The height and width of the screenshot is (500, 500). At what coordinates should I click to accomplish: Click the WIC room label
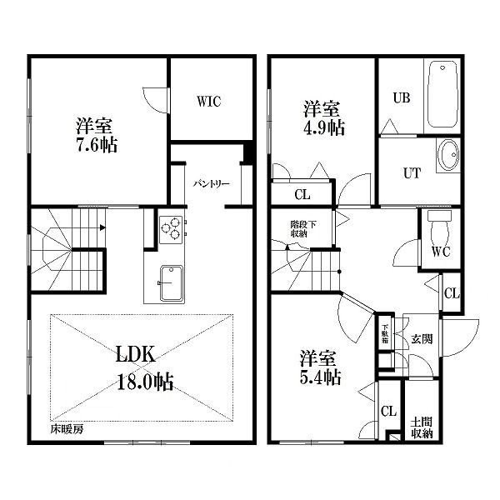click(209, 102)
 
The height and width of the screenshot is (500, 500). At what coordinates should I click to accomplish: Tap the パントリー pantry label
click(212, 184)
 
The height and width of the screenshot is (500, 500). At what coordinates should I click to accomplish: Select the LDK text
click(136, 354)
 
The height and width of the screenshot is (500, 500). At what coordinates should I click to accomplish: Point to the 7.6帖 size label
click(97, 145)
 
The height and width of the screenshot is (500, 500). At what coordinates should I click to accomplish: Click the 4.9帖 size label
click(324, 127)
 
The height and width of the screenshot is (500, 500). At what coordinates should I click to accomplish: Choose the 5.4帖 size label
click(321, 377)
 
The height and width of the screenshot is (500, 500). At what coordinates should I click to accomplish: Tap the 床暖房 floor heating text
click(67, 429)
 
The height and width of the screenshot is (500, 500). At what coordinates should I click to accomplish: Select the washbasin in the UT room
click(448, 155)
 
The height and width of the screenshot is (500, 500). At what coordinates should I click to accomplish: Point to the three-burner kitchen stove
click(171, 229)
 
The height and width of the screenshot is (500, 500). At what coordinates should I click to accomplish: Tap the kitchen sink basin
click(172, 283)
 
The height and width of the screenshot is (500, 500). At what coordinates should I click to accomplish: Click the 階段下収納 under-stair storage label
click(303, 229)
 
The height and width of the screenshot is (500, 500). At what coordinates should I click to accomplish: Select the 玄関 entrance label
click(422, 339)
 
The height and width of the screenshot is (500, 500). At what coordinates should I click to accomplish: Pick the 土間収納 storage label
click(421, 428)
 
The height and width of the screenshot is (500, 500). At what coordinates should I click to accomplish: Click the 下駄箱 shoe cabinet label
click(385, 333)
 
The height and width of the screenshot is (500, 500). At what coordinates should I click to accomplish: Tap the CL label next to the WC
click(452, 293)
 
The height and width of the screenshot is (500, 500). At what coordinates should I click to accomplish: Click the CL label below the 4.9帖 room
click(302, 194)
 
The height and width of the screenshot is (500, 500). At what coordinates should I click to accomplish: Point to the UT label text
click(412, 173)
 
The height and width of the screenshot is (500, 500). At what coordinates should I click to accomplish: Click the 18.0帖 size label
click(145, 382)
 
